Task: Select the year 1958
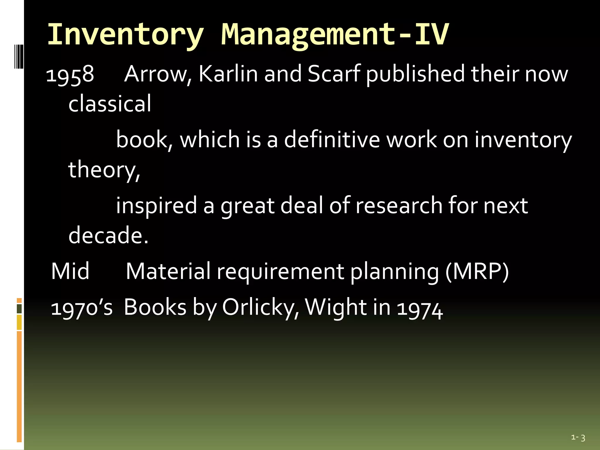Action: pyautogui.click(x=70, y=74)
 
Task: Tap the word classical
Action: pyautogui.click(x=110, y=103)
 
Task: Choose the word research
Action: pyautogui.click(x=399, y=205)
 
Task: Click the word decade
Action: pyautogui.click(x=108, y=235)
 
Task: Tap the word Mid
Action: pyautogui.click(x=70, y=271)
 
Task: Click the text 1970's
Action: pyautogui.click(x=82, y=308)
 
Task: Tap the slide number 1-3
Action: pyautogui.click(x=578, y=438)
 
